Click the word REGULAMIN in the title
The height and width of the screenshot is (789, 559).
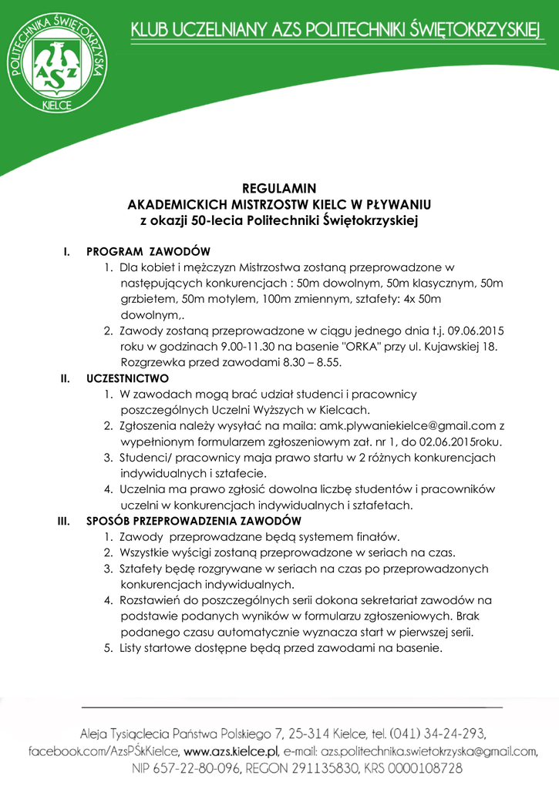tap(279, 188)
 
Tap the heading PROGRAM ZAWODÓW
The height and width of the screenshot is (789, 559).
tap(149, 252)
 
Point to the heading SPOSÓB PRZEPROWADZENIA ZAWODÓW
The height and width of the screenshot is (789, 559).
tap(194, 520)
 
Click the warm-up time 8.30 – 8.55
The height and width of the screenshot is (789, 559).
tap(314, 361)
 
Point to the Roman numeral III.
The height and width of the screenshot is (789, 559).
tap(65, 520)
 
